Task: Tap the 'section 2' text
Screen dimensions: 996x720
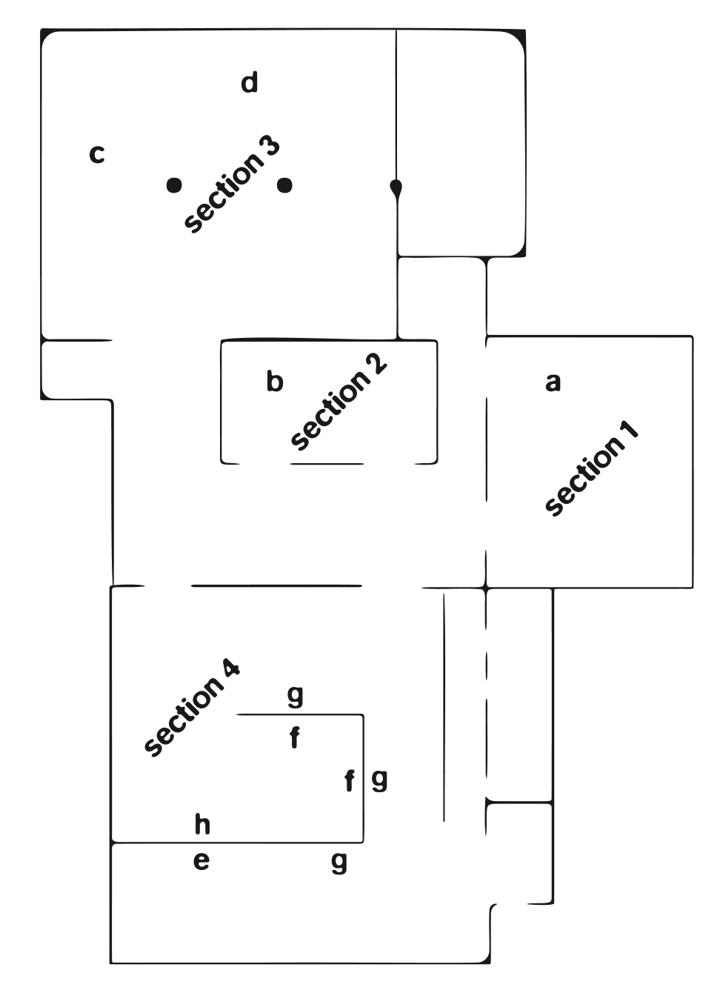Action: pyautogui.click(x=339, y=402)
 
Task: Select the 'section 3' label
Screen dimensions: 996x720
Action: pyautogui.click(x=232, y=185)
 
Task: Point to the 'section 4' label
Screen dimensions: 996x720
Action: pyautogui.click(x=192, y=708)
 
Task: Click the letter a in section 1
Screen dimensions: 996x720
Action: pyautogui.click(x=553, y=382)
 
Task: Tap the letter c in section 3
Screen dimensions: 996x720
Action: pyautogui.click(x=96, y=154)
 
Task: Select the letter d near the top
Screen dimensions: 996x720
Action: pyautogui.click(x=250, y=82)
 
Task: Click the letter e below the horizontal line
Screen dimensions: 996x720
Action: pyautogui.click(x=201, y=861)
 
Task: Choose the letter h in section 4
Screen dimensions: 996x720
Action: pyautogui.click(x=202, y=823)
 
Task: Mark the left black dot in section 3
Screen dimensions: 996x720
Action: pyautogui.click(x=174, y=185)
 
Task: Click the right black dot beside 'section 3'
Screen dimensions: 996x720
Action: pyautogui.click(x=284, y=185)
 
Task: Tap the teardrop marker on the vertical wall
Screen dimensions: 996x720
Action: pyautogui.click(x=396, y=187)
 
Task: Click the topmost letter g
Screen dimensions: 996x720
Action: pyautogui.click(x=295, y=696)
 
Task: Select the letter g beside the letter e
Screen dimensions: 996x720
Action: pyautogui.click(x=339, y=863)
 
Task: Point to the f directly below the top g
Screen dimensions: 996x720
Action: pyautogui.click(x=295, y=738)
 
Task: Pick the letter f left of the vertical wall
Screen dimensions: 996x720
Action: pyautogui.click(x=350, y=780)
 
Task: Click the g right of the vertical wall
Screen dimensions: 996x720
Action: pyautogui.click(x=379, y=780)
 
